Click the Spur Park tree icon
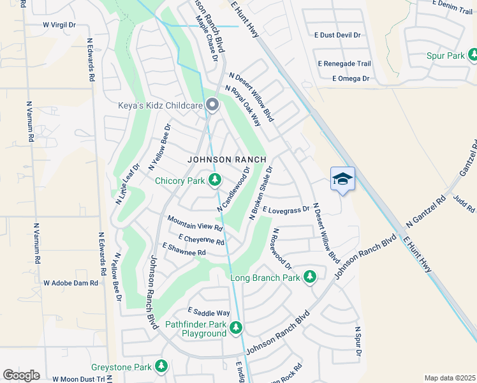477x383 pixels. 473,56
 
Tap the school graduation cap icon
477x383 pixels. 342,179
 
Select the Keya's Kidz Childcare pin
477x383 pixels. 212,105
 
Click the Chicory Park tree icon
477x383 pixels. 216,181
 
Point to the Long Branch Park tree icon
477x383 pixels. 310,277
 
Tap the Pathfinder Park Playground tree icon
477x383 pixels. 236,328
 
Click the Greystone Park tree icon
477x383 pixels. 161,366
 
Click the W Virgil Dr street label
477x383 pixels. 59,25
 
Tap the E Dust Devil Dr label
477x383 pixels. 338,36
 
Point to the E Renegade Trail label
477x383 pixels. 344,64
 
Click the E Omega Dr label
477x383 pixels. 351,79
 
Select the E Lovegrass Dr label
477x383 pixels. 286,209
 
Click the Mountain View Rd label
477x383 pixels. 194,223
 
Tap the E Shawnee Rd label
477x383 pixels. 184,249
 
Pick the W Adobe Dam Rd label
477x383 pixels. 70,282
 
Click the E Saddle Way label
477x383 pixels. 209,313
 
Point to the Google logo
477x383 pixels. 21,375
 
